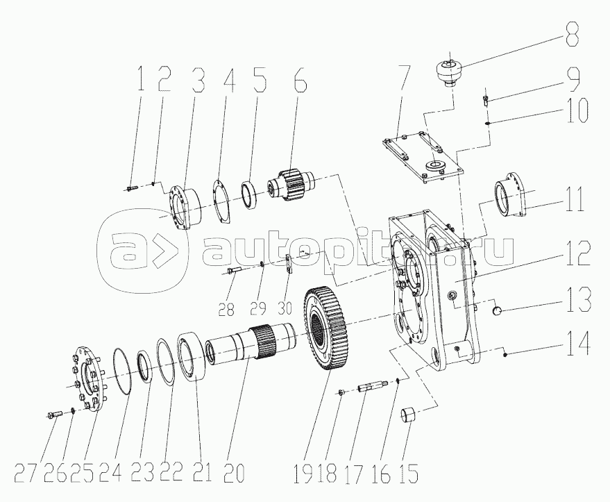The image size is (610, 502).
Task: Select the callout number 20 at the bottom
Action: point(234,472)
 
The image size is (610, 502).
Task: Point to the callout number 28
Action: point(226,310)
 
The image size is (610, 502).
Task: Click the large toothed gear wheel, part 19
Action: point(325,329)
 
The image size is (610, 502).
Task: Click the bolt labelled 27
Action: point(54,415)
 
